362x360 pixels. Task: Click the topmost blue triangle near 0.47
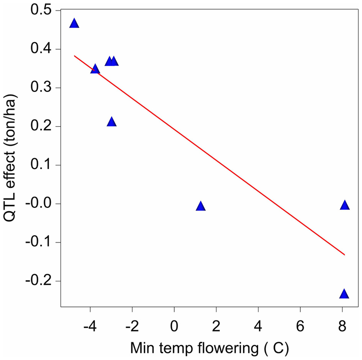click(x=74, y=23)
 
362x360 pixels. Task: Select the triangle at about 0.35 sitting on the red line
click(x=95, y=69)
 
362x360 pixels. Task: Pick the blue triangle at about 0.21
click(x=111, y=122)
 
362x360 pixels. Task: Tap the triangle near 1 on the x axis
click(x=201, y=206)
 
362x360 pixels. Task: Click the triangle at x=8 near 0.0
click(x=345, y=205)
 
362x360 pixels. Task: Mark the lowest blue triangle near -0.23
click(x=344, y=294)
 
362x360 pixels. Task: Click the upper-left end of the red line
click(x=74, y=56)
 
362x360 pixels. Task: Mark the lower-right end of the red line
click(x=345, y=255)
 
